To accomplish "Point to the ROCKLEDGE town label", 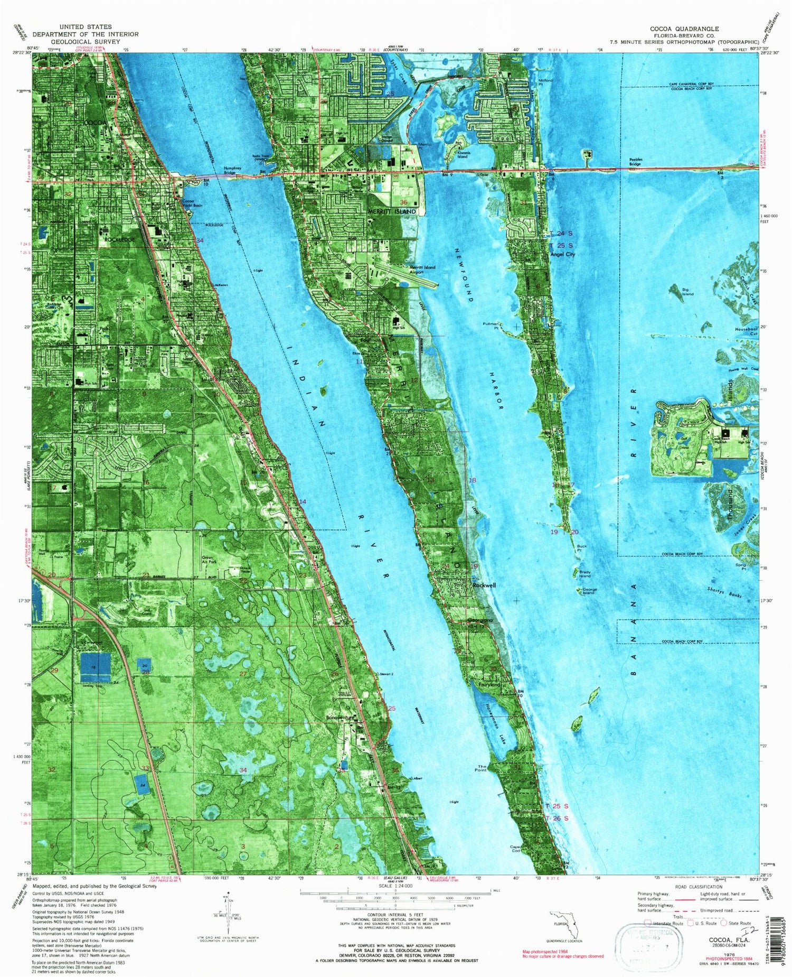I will point(120,239).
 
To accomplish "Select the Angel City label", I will point(562,254).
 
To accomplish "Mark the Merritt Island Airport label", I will point(422,269).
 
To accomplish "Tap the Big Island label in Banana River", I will point(687,291).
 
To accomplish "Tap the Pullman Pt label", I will point(491,325).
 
